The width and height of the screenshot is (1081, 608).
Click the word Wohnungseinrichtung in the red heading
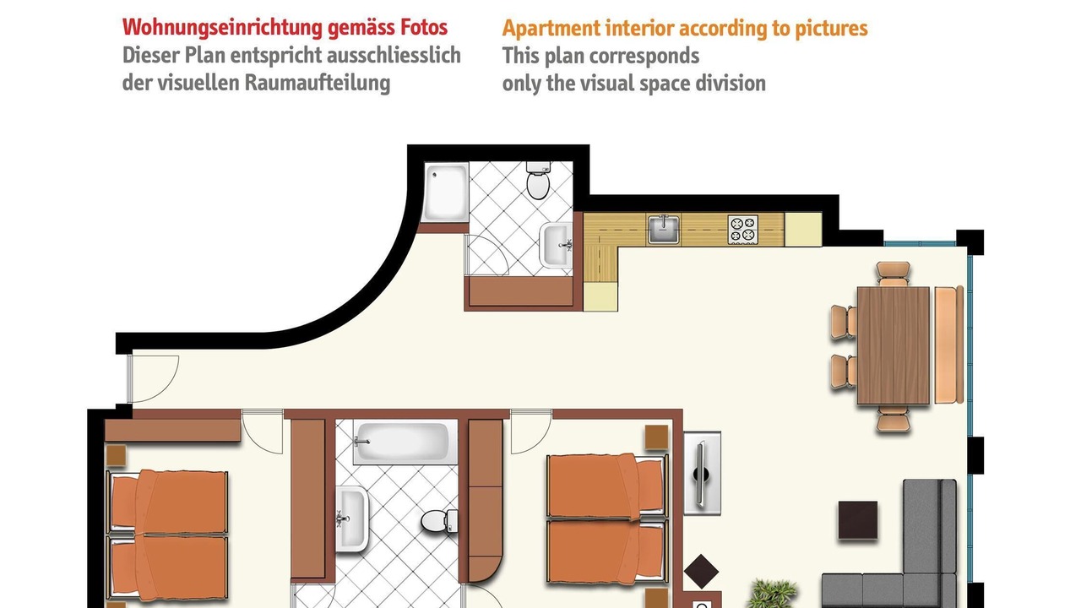pos(222,28)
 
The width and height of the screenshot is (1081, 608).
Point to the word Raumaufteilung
pos(317,83)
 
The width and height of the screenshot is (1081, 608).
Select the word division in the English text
pos(731,83)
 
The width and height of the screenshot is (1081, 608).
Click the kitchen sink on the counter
pos(664,229)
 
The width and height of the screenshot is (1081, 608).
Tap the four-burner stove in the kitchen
pos(742,230)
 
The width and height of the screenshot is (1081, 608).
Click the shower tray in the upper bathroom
pos(445,192)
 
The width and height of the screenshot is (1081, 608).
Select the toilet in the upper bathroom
pos(538,181)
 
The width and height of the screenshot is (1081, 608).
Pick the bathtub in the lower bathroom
pos(405,442)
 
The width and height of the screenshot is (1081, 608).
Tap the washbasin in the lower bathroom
pos(351,518)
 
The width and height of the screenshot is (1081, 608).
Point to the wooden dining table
pos(894,345)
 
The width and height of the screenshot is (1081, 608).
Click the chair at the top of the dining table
pos(894,274)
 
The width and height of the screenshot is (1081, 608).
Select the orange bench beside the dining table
pos(948,345)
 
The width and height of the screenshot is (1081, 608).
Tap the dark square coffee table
pos(857,520)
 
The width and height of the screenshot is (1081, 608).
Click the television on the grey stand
pos(702,473)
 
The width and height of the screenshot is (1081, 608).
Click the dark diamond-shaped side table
pos(701,572)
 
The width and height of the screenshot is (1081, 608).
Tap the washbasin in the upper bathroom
pos(556,245)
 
